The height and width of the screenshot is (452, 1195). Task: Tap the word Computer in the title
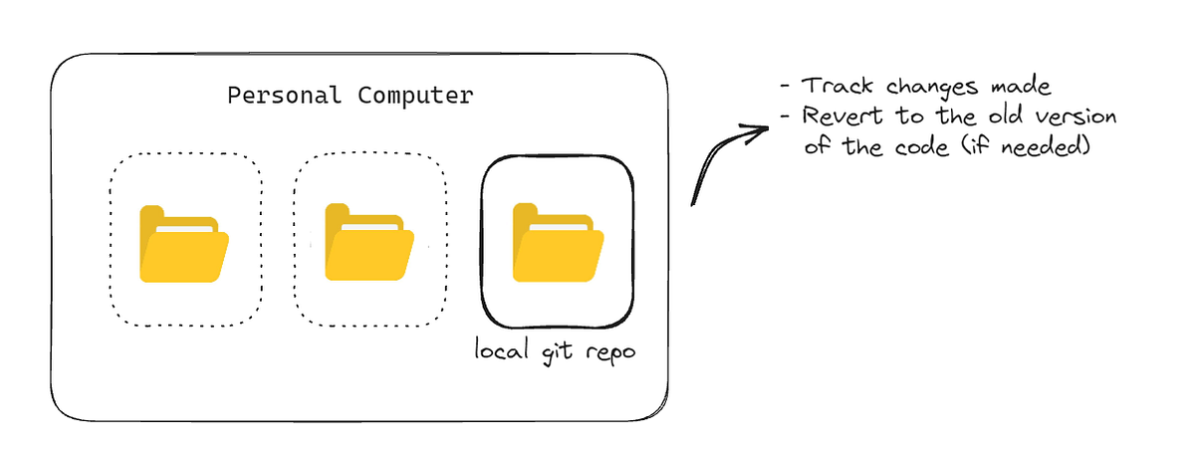pyautogui.click(x=411, y=96)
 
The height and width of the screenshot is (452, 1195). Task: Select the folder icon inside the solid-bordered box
pyautogui.click(x=558, y=242)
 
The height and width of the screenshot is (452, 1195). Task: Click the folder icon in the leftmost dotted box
pyautogui.click(x=184, y=244)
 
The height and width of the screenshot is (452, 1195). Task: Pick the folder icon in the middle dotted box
pyautogui.click(x=370, y=244)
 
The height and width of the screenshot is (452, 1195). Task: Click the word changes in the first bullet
pyautogui.click(x=917, y=88)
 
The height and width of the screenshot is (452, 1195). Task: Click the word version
pyautogui.click(x=1075, y=117)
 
